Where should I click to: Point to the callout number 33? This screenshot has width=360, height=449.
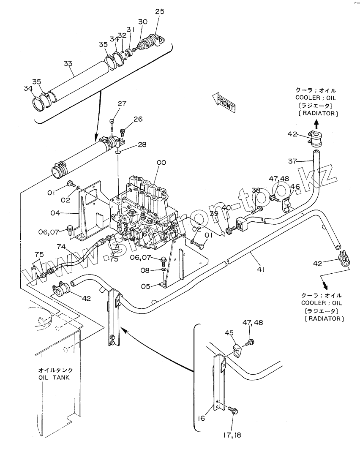(x=68, y=63)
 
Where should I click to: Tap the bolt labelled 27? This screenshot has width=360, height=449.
(x=112, y=124)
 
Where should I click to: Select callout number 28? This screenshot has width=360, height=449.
(x=142, y=145)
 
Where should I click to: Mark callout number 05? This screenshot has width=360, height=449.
(x=146, y=286)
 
